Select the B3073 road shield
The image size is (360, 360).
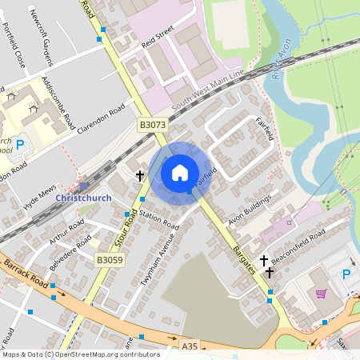click(153, 125)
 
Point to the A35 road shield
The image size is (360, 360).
click(190, 346)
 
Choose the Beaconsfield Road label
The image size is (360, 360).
click(298, 237)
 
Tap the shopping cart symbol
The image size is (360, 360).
click(321, 294)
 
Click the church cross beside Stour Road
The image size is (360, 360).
click(139, 175)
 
